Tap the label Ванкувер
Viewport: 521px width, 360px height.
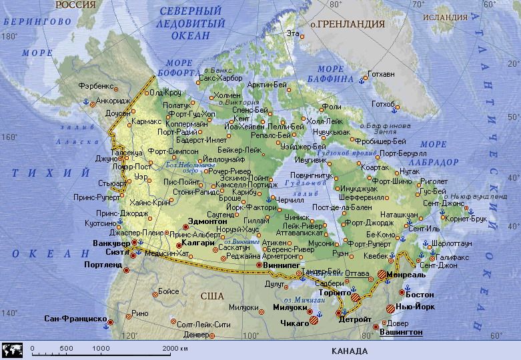pos(109,242)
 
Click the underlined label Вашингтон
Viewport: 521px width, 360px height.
pos(400,331)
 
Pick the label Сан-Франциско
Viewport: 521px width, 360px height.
pos(75,319)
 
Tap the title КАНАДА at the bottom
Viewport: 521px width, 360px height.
pos(349,351)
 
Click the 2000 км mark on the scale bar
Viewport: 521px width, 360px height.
pos(175,349)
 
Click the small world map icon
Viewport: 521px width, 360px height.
pos(13,349)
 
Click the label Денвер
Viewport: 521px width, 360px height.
pos(195,334)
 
